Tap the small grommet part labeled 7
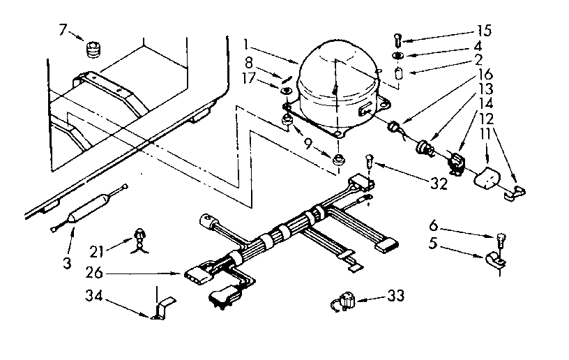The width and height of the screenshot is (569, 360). coord(93,50)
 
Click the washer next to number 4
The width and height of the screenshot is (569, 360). coord(397,56)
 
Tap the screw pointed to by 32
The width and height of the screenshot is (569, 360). coord(372,165)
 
